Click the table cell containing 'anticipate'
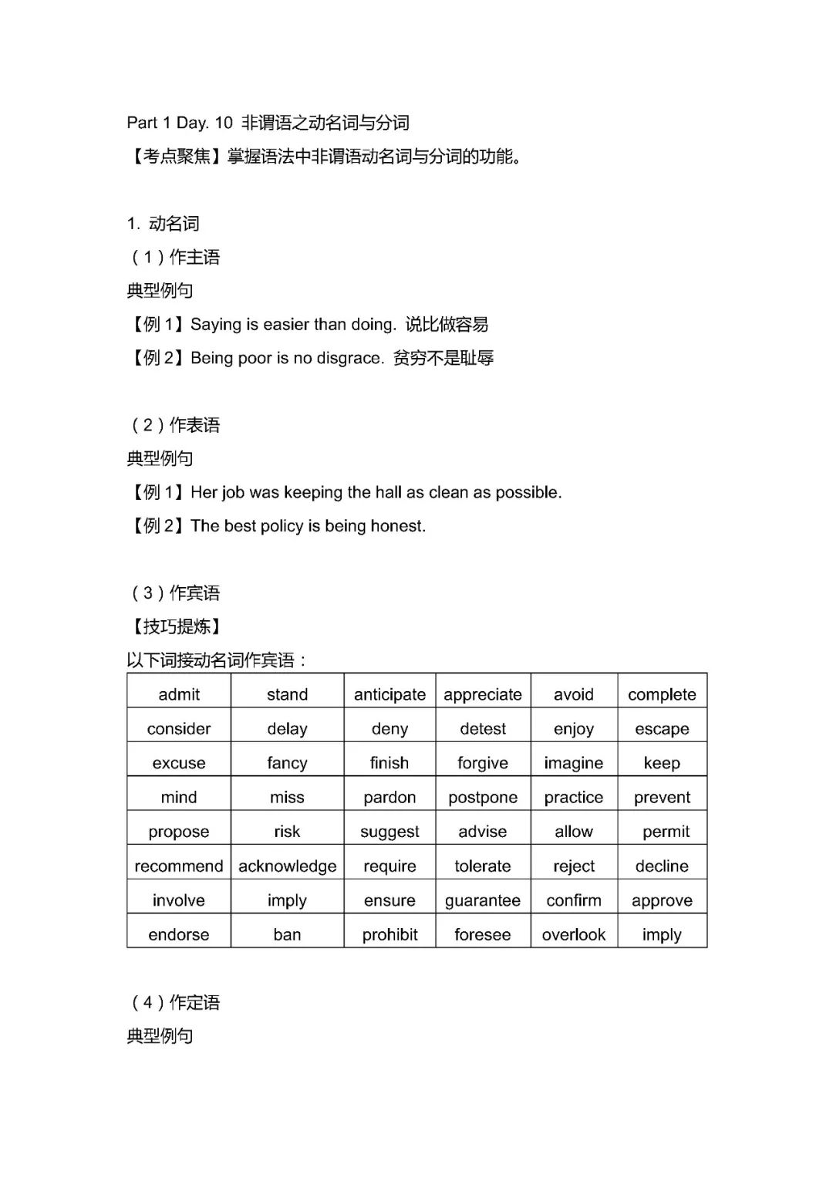click(390, 694)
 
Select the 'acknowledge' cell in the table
click(287, 866)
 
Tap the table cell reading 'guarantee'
click(483, 900)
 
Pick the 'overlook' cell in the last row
click(574, 934)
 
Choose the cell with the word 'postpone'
click(483, 797)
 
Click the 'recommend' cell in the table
click(179, 866)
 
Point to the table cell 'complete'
click(662, 694)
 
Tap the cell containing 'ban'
click(287, 934)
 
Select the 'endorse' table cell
click(179, 934)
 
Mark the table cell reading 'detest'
click(483, 728)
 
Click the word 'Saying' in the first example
click(216, 325)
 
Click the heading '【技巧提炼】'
click(177, 626)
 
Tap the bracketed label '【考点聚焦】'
click(177, 157)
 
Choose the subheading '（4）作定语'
click(176, 1002)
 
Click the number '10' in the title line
click(224, 123)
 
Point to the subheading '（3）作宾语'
click(176, 592)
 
